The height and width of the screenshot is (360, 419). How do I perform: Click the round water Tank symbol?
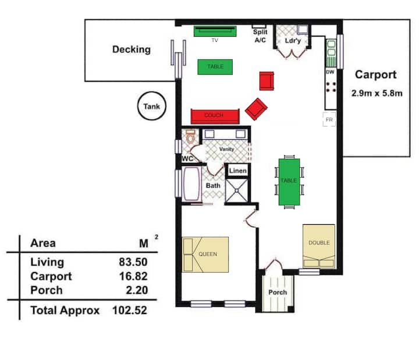(x=152, y=106)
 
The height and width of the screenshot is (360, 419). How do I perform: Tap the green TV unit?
(x=215, y=31)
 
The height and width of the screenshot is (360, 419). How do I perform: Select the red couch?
(x=215, y=117)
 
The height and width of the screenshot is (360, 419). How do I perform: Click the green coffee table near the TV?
(x=215, y=67)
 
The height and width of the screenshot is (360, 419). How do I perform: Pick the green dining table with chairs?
(x=289, y=182)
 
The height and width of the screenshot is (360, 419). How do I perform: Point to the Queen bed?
(x=205, y=255)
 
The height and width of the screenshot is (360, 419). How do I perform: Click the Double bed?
(x=319, y=246)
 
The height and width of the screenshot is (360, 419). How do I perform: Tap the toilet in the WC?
(x=190, y=136)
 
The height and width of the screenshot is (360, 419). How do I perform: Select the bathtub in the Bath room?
(x=191, y=183)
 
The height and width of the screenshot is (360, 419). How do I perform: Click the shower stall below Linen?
(x=236, y=190)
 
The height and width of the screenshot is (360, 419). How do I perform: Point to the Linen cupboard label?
(x=238, y=171)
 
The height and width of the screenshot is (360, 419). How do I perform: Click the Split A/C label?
(x=260, y=36)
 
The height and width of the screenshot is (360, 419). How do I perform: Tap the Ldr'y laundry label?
(x=293, y=41)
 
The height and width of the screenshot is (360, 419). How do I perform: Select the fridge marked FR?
(x=329, y=119)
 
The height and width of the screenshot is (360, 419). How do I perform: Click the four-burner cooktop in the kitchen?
(x=331, y=87)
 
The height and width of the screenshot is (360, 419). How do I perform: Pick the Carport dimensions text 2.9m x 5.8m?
(x=377, y=93)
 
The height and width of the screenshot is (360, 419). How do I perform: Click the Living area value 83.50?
(x=133, y=262)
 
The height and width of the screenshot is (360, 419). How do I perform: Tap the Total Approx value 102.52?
(x=130, y=310)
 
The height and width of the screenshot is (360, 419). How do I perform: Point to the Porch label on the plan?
(x=278, y=292)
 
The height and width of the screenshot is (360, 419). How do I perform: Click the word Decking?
(x=132, y=50)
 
